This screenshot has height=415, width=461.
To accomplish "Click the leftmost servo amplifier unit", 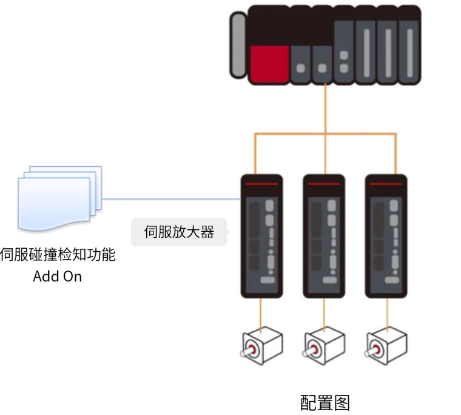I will pyautogui.click(x=261, y=237).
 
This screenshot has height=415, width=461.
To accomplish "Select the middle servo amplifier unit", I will pyautogui.click(x=324, y=237).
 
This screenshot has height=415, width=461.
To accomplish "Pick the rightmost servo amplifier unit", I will pyautogui.click(x=386, y=237).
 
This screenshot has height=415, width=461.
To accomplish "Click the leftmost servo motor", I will pyautogui.click(x=261, y=346).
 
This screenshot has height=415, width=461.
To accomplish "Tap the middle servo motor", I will pyautogui.click(x=324, y=346).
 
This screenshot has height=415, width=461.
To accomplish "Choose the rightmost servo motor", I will pyautogui.click(x=386, y=346).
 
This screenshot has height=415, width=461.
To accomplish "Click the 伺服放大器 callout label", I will pyautogui.click(x=179, y=232).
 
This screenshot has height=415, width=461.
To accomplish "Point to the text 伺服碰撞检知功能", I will pyautogui.click(x=58, y=255).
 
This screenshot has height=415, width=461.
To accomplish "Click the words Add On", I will pyautogui.click(x=57, y=277).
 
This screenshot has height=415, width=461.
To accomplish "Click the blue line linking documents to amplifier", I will pyautogui.click(x=170, y=198).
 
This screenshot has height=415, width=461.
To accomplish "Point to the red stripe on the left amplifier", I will pyautogui.click(x=261, y=183).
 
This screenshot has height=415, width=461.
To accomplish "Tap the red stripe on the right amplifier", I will pyautogui.click(x=386, y=183).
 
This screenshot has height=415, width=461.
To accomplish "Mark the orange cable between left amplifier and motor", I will pyautogui.click(x=261, y=312).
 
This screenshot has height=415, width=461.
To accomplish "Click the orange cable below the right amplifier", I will pyautogui.click(x=386, y=312).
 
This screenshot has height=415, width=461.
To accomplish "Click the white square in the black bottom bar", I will pyautogui.click(x=292, y=403).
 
